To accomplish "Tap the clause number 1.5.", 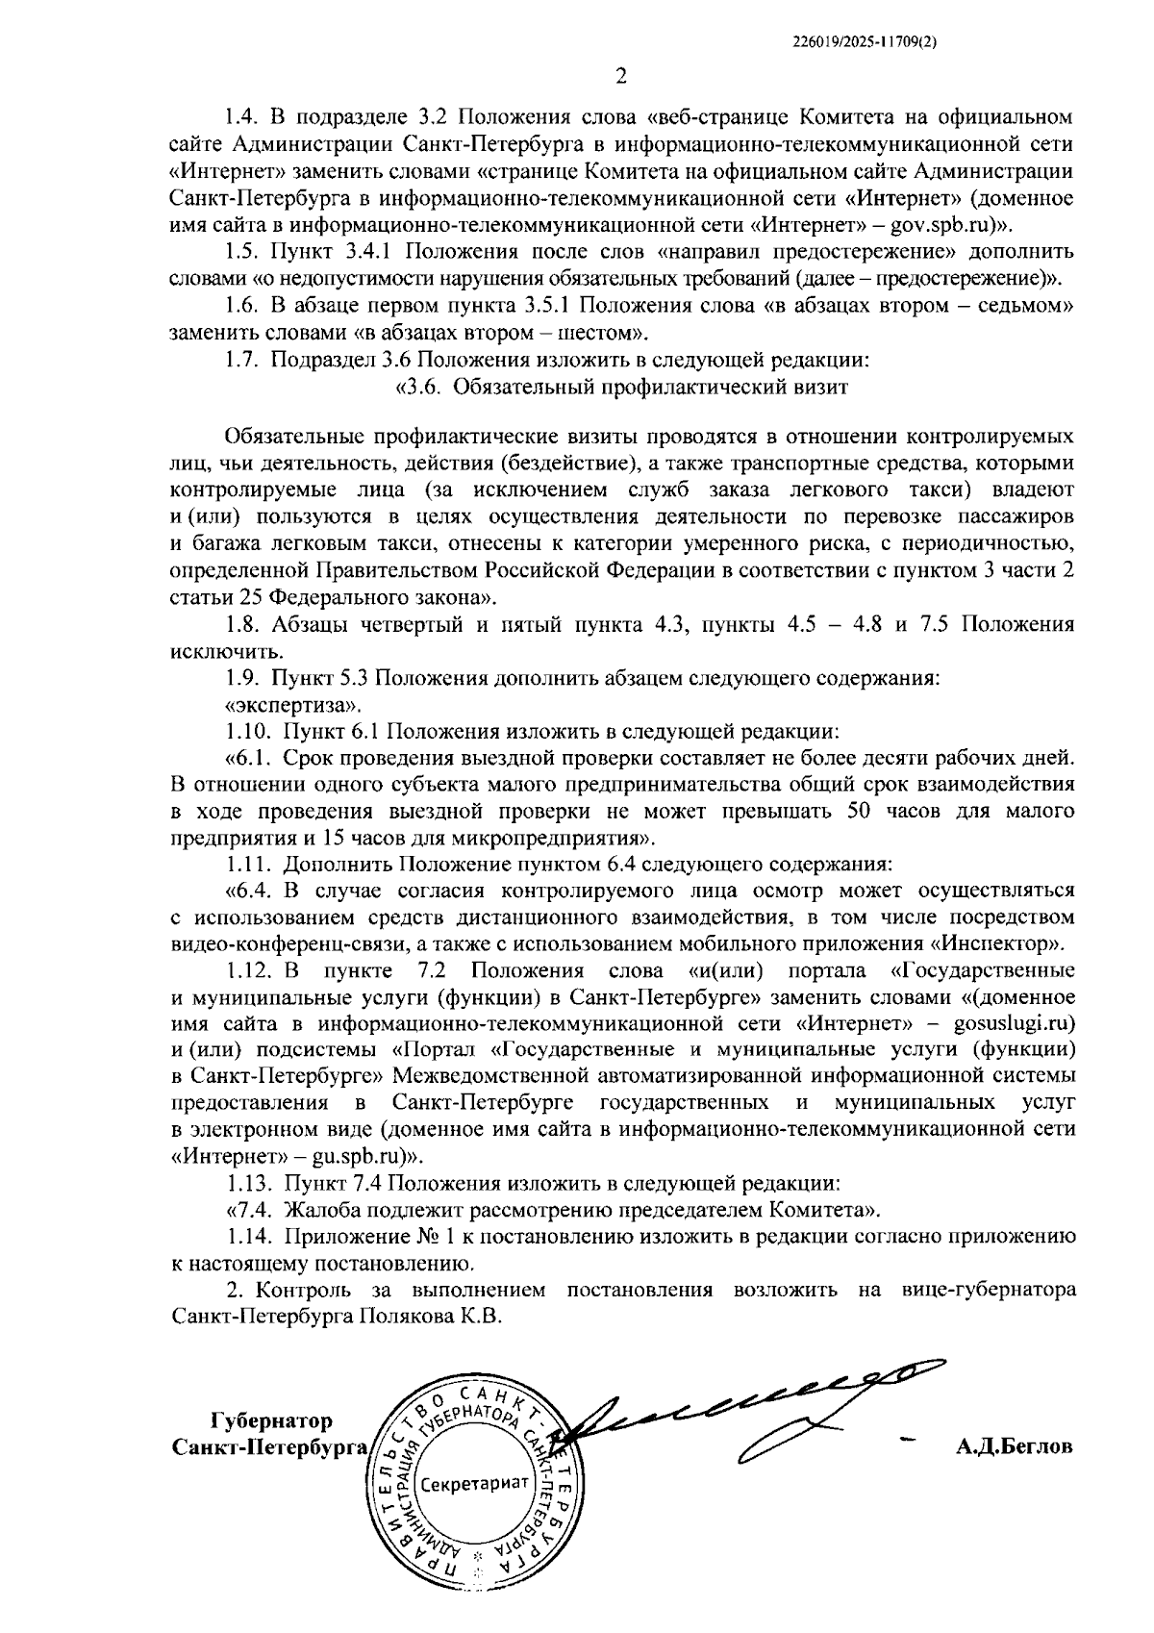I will coord(242,253).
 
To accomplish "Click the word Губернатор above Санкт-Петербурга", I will coord(271,1421).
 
